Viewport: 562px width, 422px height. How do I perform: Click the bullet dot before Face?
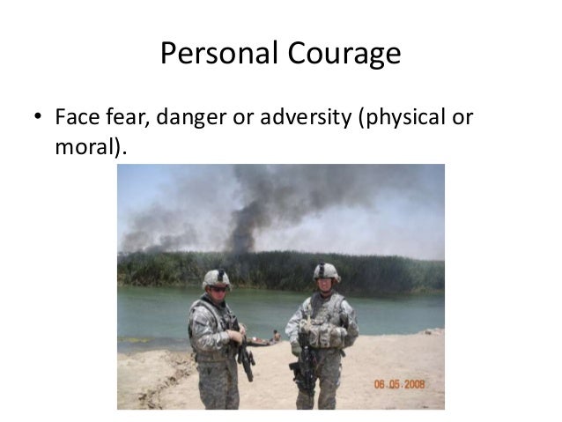(x=38, y=118)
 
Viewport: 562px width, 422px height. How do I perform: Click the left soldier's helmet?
(x=216, y=278)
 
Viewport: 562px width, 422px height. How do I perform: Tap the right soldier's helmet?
(x=325, y=270)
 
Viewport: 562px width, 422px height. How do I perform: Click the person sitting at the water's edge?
(x=277, y=336)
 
